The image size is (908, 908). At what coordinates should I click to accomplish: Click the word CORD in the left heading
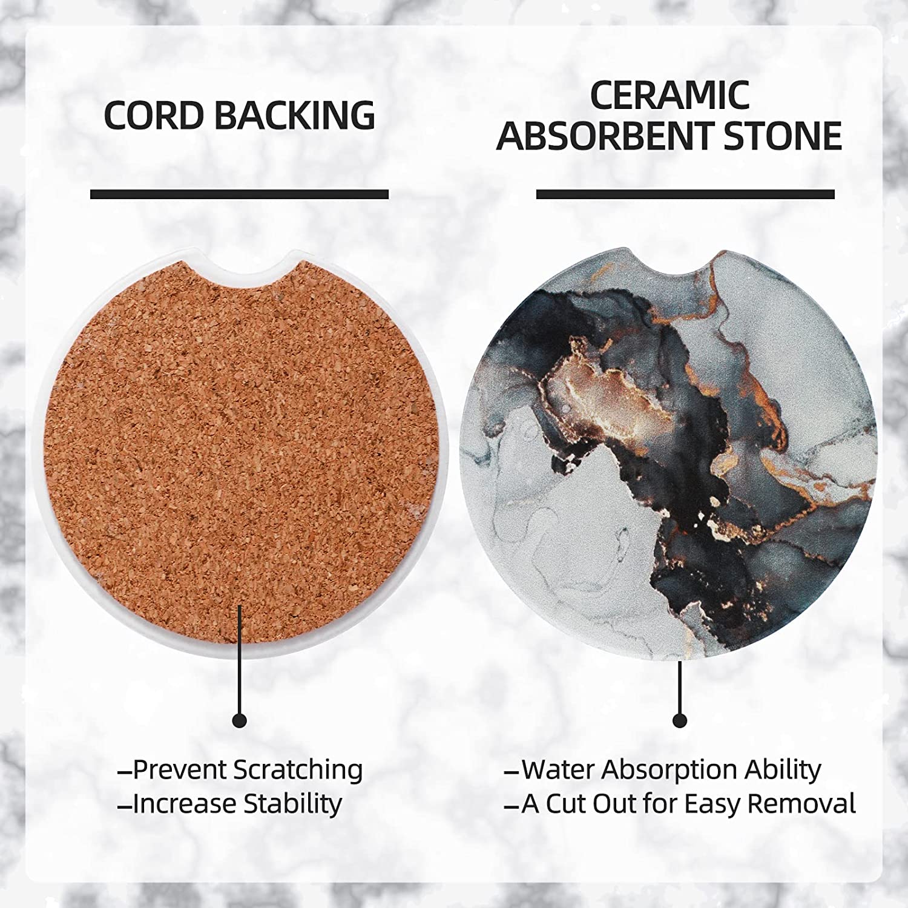pyautogui.click(x=154, y=115)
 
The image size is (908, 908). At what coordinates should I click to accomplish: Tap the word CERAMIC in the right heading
pyautogui.click(x=670, y=95)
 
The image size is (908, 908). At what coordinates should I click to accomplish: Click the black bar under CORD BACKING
pyautogui.click(x=239, y=194)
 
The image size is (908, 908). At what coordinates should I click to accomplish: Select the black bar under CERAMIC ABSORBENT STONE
pyautogui.click(x=685, y=194)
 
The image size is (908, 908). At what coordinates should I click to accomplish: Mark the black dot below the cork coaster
pyautogui.click(x=240, y=720)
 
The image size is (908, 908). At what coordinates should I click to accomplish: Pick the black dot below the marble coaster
pyautogui.click(x=680, y=720)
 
